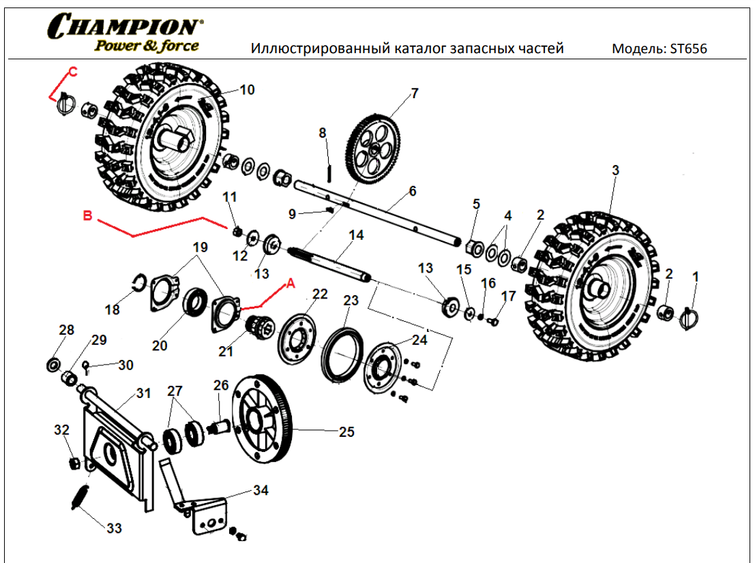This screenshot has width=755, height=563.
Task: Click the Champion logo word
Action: pyautogui.click(x=124, y=27)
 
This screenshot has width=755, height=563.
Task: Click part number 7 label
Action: pyautogui.click(x=414, y=93)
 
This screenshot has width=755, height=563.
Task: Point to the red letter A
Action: pyautogui.click(x=291, y=283)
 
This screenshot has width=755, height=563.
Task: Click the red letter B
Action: pyautogui.click(x=87, y=216)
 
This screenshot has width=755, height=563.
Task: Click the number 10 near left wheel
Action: pyautogui.click(x=247, y=90)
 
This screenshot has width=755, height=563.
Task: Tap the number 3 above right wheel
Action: pyautogui.click(x=615, y=170)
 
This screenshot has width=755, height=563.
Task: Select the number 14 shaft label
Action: pyautogui.click(x=356, y=236)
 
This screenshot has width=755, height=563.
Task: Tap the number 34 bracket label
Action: pyautogui.click(x=261, y=490)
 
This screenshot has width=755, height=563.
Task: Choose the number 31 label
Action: pyautogui.click(x=143, y=393)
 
